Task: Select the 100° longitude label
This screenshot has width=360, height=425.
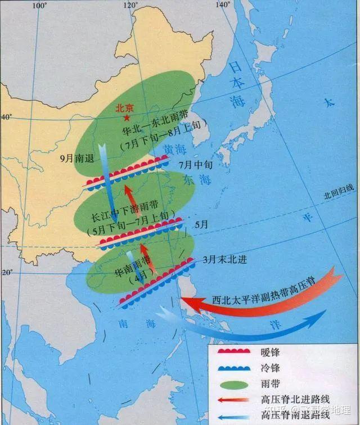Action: [39, 5]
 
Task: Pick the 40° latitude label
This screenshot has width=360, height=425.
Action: [6, 117]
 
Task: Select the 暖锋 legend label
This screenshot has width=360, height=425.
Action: [271, 352]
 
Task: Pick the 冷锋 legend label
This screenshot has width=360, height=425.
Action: [271, 369]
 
